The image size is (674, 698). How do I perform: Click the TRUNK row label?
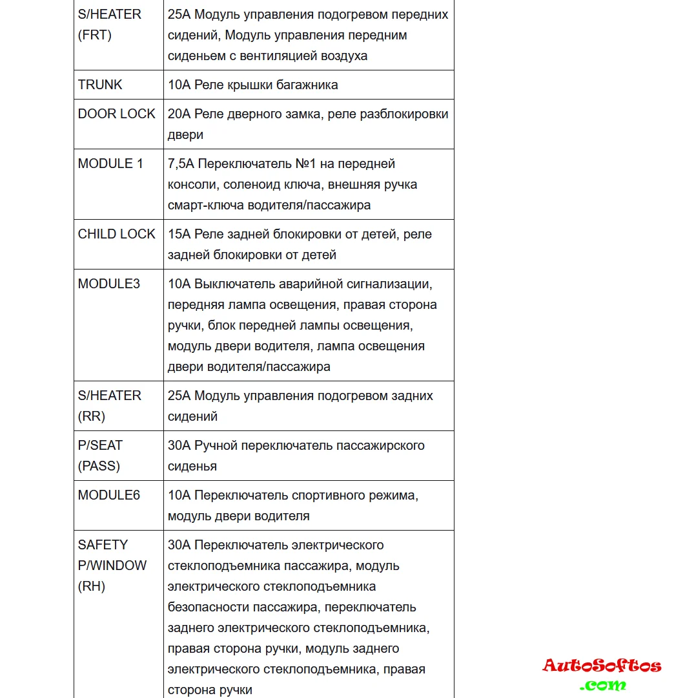100,85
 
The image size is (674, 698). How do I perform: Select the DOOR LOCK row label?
117,114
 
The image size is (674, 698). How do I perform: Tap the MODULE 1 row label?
110,164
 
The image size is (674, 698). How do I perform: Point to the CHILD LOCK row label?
117,234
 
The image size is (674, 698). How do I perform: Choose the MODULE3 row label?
109,284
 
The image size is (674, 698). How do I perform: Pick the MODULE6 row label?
109,495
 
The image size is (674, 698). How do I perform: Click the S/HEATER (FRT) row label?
110,25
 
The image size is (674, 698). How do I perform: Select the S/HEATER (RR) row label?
110,406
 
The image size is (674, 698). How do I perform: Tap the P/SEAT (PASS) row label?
100,456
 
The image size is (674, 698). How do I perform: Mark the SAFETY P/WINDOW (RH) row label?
112,566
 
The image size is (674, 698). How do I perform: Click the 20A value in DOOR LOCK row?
179,114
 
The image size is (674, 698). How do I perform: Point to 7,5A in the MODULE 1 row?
181,164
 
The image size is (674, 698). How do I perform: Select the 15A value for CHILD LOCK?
179,234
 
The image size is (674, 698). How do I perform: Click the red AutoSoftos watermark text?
602,666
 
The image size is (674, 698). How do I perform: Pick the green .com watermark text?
602,684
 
